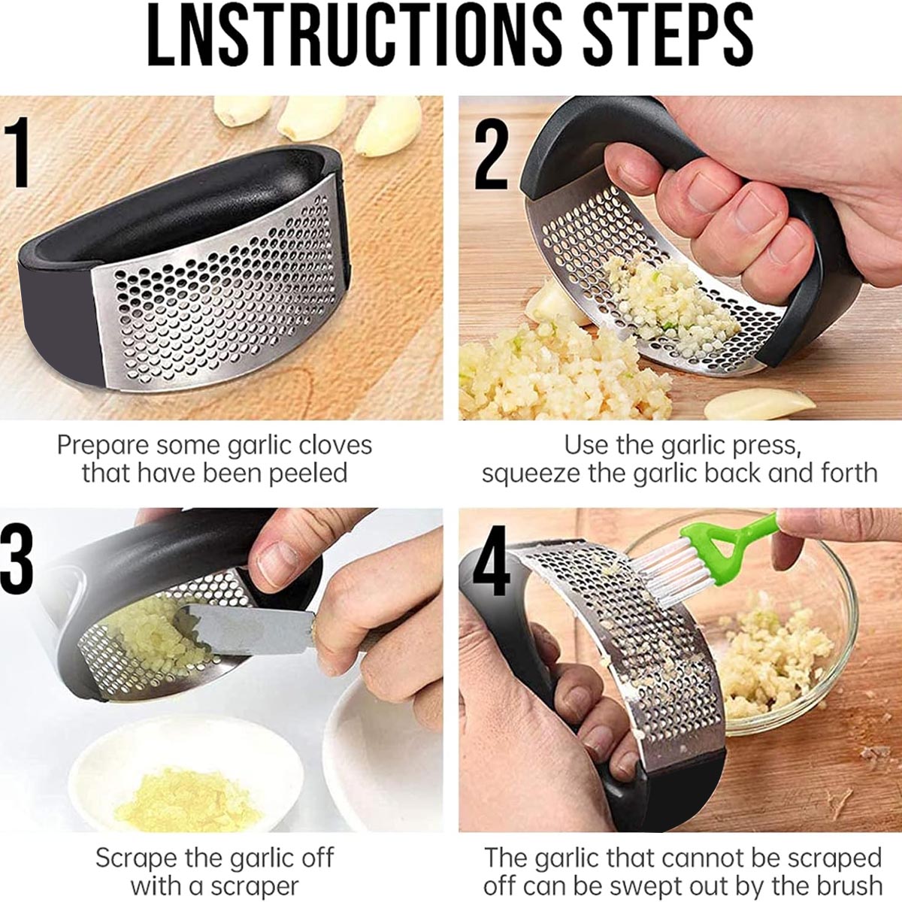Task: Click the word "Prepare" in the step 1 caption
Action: coord(104,446)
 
